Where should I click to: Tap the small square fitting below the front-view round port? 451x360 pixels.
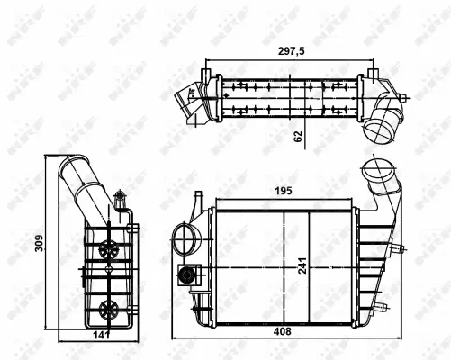[188, 276]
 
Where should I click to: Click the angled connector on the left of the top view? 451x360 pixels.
[188, 96]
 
